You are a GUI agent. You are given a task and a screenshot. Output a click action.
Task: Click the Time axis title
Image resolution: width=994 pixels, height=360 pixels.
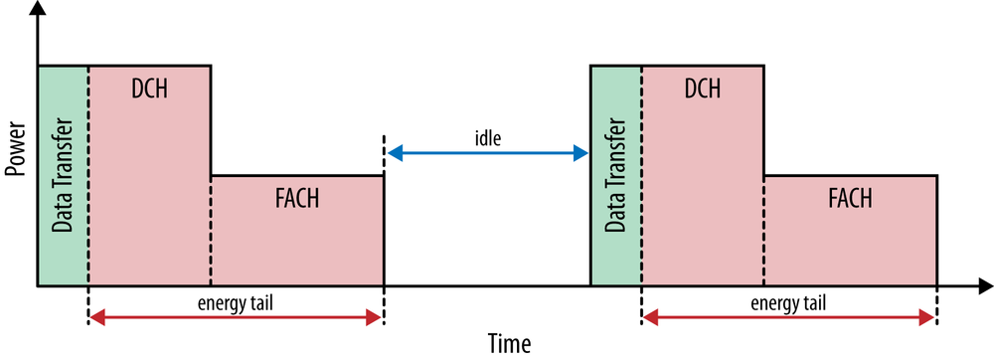pyautogui.click(x=510, y=344)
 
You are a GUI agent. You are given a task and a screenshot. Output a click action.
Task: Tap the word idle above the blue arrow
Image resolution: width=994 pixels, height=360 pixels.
pyautogui.click(x=487, y=138)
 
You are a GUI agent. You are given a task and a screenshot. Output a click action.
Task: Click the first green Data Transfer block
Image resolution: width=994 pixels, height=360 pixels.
pyautogui.click(x=63, y=177)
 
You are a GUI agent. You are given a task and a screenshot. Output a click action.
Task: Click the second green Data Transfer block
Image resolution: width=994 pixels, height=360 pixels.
pyautogui.click(x=616, y=177)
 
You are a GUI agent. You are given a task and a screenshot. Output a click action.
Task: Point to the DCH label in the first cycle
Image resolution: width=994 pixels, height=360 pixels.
pyautogui.click(x=149, y=89)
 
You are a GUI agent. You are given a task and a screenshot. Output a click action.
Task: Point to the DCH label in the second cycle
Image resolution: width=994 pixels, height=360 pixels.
pyautogui.click(x=703, y=89)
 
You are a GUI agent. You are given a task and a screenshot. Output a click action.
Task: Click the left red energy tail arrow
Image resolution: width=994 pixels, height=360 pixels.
pyautogui.click(x=235, y=317)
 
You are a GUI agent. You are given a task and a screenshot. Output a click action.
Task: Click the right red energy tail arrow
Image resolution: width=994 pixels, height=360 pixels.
pyautogui.click(x=789, y=317)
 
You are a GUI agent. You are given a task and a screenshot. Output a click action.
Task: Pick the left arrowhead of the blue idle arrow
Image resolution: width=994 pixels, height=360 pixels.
pyautogui.click(x=393, y=153)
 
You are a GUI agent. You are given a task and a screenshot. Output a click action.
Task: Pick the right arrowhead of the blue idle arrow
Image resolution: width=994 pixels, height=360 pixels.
pyautogui.click(x=581, y=153)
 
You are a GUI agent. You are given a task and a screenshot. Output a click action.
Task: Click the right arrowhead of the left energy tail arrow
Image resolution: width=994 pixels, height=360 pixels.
pyautogui.click(x=376, y=317)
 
